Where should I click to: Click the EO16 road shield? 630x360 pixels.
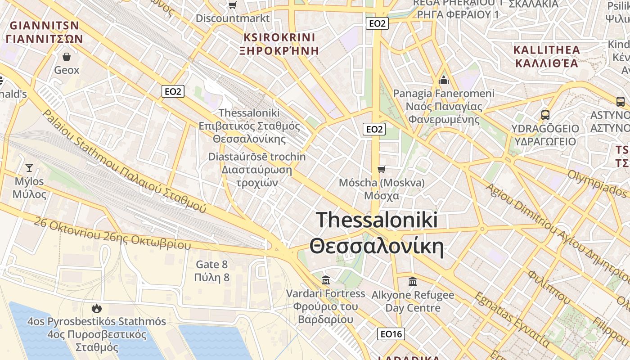(391, 334)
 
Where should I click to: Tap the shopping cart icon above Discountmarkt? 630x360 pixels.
(232, 5)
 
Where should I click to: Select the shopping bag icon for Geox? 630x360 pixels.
(67, 57)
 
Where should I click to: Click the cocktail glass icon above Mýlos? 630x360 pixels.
(29, 168)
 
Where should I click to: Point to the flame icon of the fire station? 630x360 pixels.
(96, 308)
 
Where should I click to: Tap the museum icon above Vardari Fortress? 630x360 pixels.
(326, 280)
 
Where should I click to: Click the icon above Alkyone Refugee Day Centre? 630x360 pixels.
(412, 282)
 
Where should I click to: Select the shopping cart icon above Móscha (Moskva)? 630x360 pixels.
(382, 169)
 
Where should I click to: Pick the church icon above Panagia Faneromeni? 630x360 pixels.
(444, 81)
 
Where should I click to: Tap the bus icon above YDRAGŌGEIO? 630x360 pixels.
(545, 115)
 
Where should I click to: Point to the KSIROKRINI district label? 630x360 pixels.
(279, 37)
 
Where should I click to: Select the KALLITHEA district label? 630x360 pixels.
(546, 50)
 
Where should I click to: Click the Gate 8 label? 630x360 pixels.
(211, 265)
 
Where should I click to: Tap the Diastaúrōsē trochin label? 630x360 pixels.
(257, 157)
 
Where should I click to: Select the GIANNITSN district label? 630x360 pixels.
(44, 26)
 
